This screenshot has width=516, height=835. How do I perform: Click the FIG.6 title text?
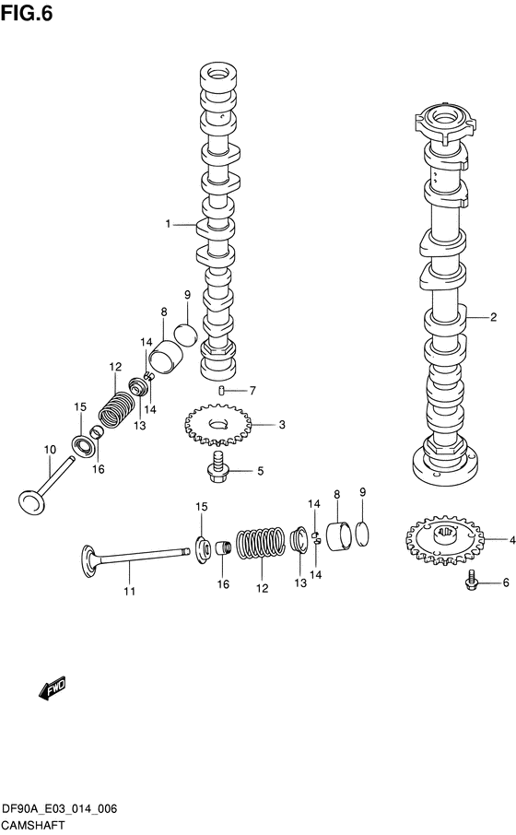point(27,13)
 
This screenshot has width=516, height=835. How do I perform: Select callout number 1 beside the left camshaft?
point(169,224)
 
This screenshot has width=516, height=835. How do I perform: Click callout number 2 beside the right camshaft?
point(494,317)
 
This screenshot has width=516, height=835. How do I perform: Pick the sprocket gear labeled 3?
point(217,425)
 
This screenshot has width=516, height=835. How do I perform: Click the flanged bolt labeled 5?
point(217,466)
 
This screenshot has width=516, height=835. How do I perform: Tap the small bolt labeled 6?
point(471,580)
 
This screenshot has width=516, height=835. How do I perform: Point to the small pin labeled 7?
point(221,392)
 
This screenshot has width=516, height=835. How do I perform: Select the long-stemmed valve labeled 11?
point(135,557)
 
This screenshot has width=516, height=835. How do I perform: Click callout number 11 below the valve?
point(129,592)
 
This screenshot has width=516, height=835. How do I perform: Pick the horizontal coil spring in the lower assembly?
point(260,545)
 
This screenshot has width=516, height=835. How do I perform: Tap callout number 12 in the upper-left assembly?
point(115,367)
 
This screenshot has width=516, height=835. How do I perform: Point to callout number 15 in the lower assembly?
point(201,507)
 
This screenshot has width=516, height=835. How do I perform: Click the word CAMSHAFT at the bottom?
point(33,826)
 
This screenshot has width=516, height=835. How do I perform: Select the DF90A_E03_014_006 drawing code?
point(60,810)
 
